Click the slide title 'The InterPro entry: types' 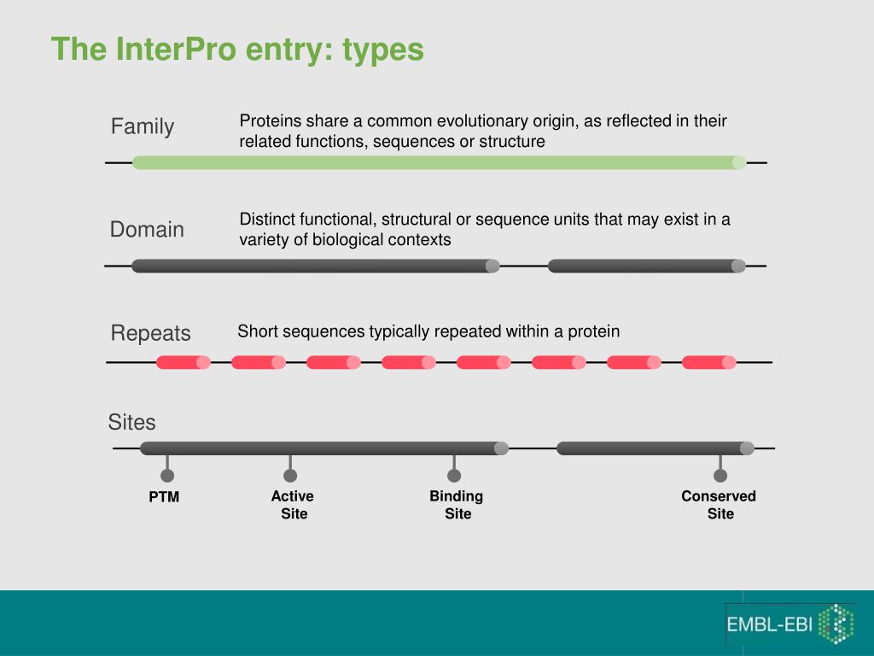[237, 50]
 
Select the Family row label [143, 126]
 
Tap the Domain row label [147, 229]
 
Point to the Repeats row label [150, 333]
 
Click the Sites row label [131, 422]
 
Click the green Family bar [440, 162]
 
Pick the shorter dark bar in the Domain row [647, 266]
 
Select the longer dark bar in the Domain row [316, 266]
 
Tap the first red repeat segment [184, 362]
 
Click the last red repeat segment [709, 362]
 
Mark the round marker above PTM [167, 475]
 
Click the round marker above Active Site [290, 475]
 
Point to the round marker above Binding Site [454, 475]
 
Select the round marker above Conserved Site [720, 475]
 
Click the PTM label [164, 496]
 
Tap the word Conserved [719, 496]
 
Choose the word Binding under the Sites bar [457, 496]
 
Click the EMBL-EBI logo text [769, 624]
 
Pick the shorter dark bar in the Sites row [655, 448]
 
